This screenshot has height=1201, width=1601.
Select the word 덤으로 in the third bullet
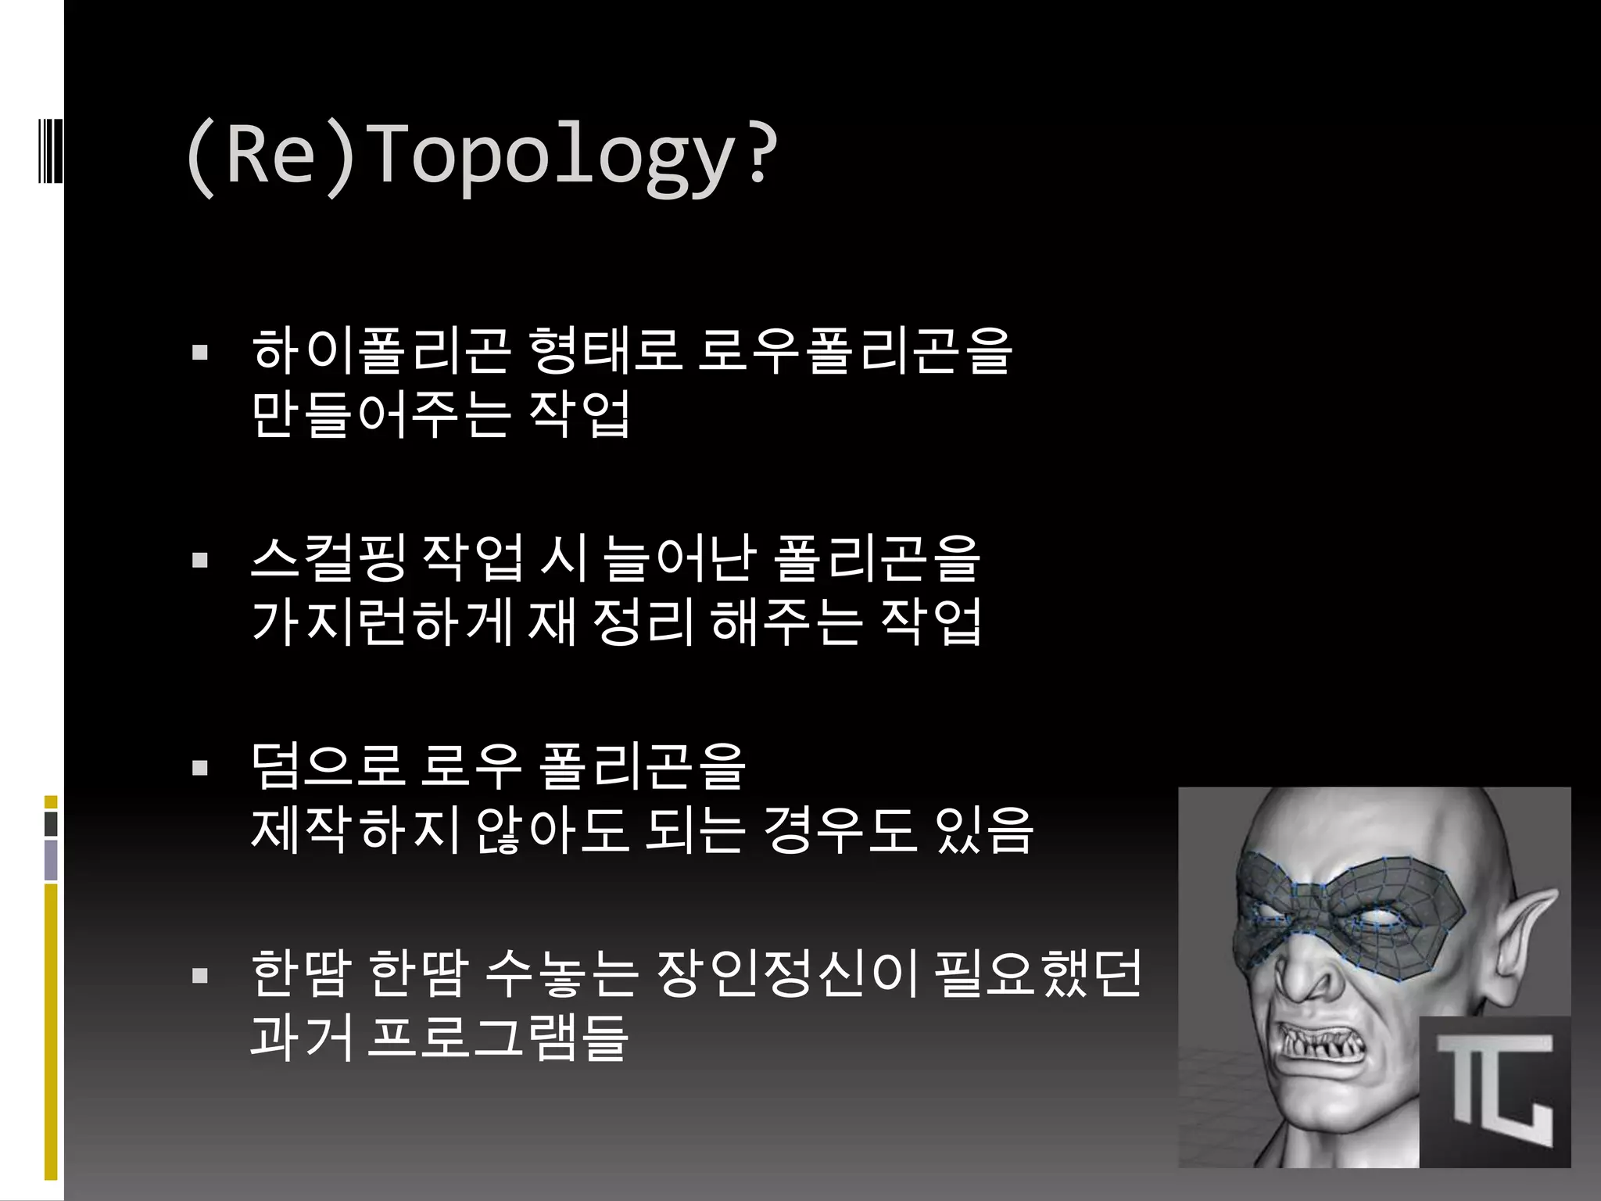[x=328, y=766]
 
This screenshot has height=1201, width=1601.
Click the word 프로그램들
[x=497, y=1038]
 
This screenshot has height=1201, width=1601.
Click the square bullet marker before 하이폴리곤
[x=200, y=353]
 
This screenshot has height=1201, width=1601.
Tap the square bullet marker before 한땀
[x=200, y=976]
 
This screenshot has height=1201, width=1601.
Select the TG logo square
[x=1494, y=1092]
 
